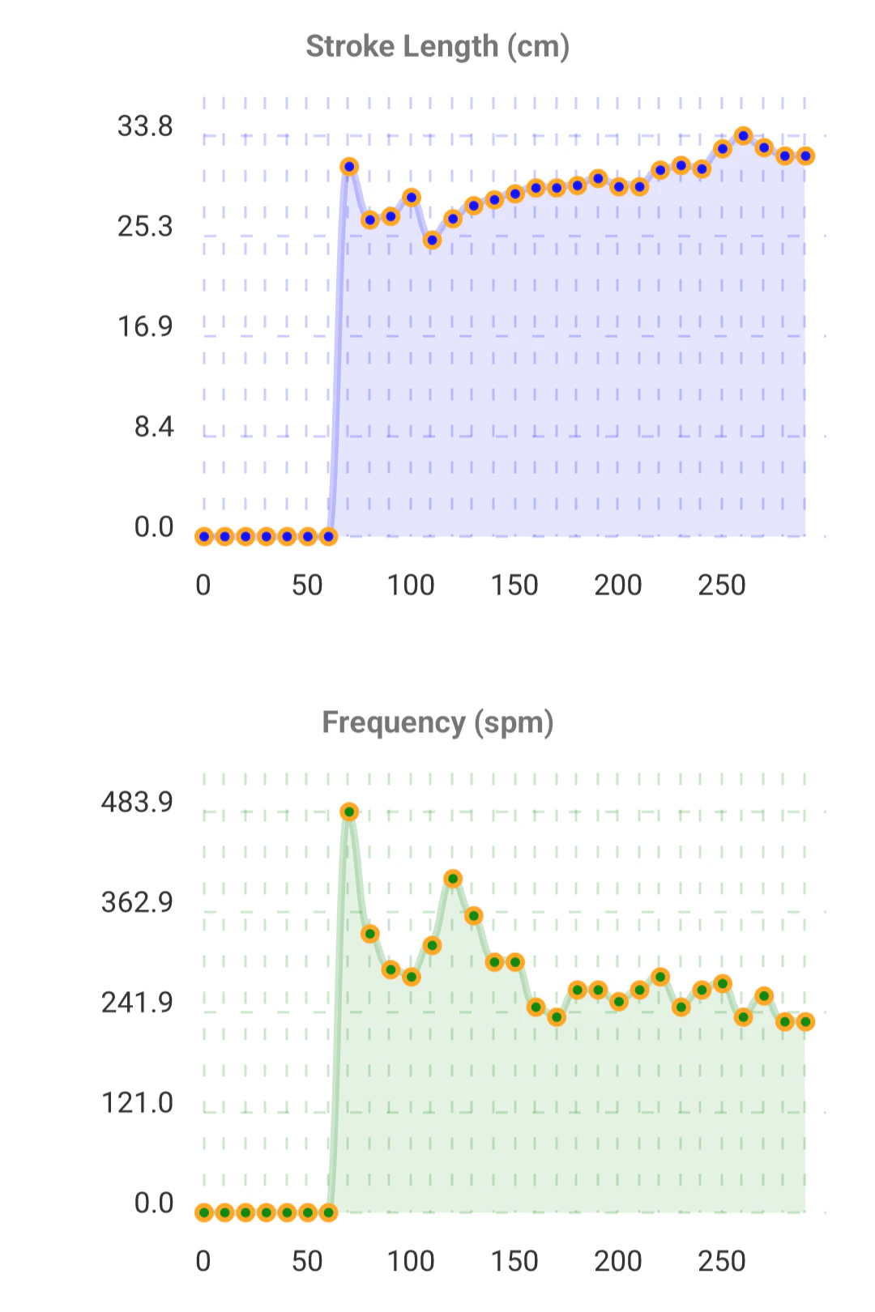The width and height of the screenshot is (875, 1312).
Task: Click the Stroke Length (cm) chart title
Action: (x=437, y=47)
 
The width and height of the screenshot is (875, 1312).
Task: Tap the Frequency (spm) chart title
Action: (x=437, y=722)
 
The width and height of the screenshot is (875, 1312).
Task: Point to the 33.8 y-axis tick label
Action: (x=145, y=126)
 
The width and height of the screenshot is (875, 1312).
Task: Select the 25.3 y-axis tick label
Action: (x=145, y=227)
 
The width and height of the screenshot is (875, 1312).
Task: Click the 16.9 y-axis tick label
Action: (x=145, y=327)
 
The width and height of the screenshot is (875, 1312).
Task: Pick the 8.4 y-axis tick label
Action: (x=154, y=427)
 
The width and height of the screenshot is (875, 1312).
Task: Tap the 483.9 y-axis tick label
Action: (x=137, y=803)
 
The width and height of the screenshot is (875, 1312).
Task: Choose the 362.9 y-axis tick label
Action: (x=137, y=902)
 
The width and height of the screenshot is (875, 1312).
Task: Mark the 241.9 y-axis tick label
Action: (x=137, y=1003)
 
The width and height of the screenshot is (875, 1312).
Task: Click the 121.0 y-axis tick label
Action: (x=137, y=1103)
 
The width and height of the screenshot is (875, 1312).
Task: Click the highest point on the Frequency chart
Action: (x=349, y=812)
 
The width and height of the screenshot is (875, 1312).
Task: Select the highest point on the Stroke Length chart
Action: (x=744, y=136)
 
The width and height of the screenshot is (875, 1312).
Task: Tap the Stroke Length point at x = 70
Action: (x=349, y=167)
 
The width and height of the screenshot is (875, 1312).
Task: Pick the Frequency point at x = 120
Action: (x=453, y=879)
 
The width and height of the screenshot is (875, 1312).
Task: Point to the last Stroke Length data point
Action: (x=805, y=156)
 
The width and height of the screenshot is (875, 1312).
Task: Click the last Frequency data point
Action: (x=805, y=1022)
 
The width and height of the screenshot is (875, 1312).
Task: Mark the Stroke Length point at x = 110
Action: (x=433, y=240)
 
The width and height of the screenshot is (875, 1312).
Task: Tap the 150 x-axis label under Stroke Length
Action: (x=514, y=586)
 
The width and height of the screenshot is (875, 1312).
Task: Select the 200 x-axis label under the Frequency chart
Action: (x=618, y=1262)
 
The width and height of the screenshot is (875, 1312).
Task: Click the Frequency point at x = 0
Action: (x=204, y=1212)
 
